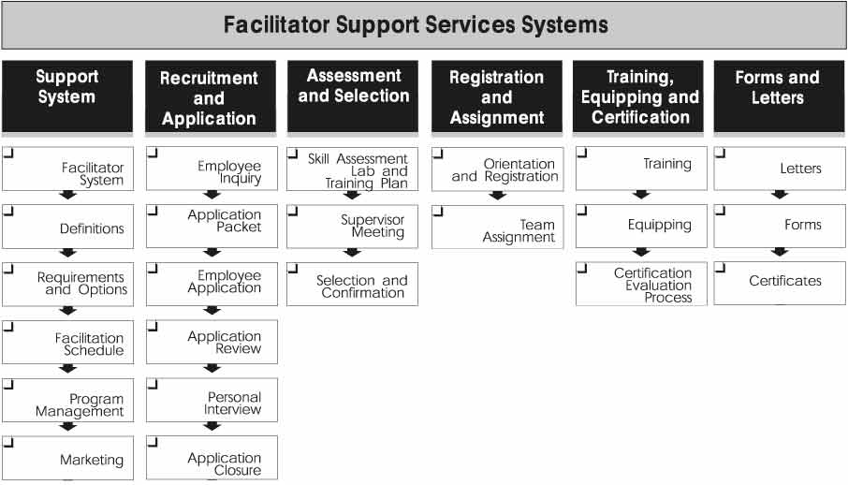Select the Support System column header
coord(66,87)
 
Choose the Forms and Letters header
coord(777,87)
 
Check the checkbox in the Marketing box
coord(8,441)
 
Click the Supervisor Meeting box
coord(353,226)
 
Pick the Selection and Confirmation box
coord(353,286)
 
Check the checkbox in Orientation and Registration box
coord(438,152)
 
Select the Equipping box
coord(641,225)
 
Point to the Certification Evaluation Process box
coord(641,285)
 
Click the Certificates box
coord(779,281)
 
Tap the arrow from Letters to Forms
coord(779,195)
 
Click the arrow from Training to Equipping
coord(641,195)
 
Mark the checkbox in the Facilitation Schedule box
coord(8,326)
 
